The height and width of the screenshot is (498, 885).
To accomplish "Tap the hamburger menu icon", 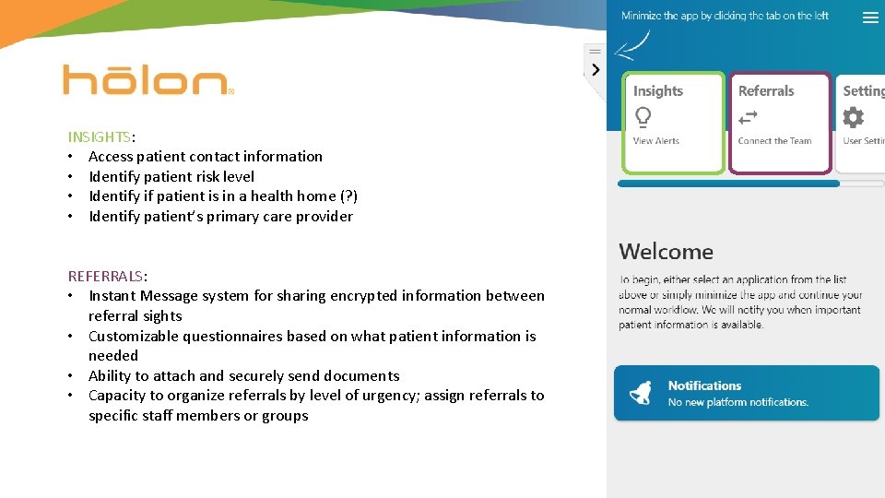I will tap(869, 18).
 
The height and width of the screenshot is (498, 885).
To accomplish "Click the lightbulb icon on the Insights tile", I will tap(643, 117).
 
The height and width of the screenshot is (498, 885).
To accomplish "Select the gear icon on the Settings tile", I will tap(854, 117).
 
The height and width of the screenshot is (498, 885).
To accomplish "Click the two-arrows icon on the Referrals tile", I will tap(748, 117).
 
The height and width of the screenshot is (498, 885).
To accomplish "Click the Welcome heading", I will tap(666, 252).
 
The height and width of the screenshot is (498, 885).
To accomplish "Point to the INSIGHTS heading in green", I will tap(99, 136).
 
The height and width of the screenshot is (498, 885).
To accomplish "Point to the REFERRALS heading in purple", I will tap(105, 276).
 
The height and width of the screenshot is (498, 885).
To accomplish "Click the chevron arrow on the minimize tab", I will tap(596, 69).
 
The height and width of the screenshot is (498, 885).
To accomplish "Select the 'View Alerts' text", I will tap(655, 141).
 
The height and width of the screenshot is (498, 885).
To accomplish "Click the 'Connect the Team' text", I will tap(774, 141).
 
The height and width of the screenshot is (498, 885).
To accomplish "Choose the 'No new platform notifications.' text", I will tap(737, 402).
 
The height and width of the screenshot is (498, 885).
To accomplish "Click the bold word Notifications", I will tap(704, 385).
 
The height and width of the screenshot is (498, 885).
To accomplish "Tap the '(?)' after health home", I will tap(348, 196).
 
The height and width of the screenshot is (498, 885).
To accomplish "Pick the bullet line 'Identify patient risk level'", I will tap(171, 176).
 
